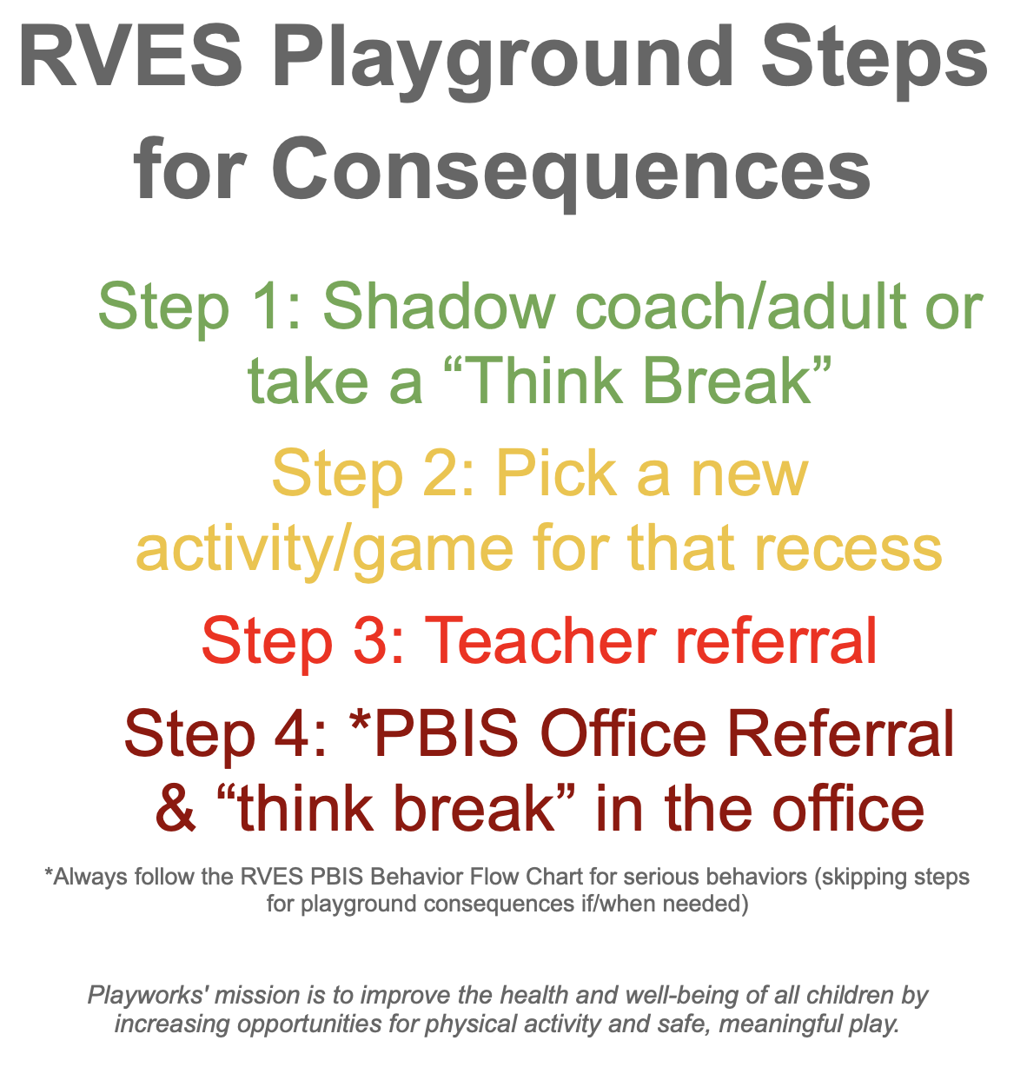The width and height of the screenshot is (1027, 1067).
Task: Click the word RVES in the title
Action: (x=130, y=57)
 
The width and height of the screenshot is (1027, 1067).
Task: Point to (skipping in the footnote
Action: (x=853, y=877)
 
